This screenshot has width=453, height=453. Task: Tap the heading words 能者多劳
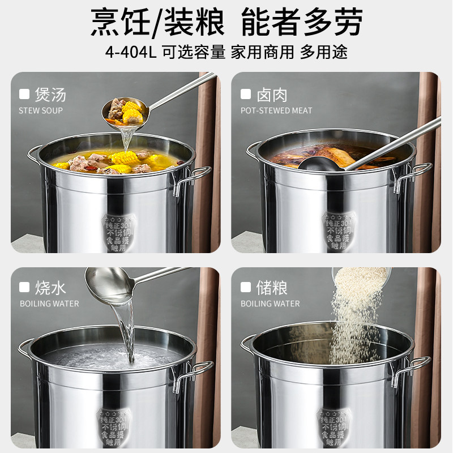click(301, 22)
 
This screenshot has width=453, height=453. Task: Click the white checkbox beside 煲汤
click(24, 93)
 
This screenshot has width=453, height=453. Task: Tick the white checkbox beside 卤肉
click(246, 93)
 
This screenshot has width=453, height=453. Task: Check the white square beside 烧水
click(24, 288)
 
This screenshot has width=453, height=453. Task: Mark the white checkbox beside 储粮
click(246, 288)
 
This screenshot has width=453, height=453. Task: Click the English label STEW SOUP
click(41, 110)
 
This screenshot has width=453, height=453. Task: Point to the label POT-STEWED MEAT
click(276, 110)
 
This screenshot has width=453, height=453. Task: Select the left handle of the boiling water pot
click(25, 347)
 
